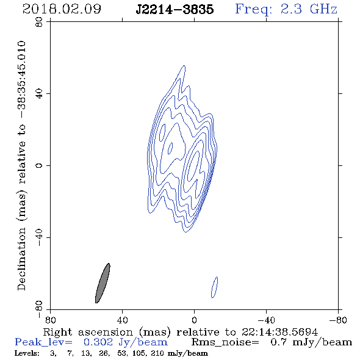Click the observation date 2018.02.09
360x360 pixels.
(x=62, y=9)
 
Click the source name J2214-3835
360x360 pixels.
(x=175, y=9)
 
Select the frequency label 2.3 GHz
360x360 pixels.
(x=309, y=9)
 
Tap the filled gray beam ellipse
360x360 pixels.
(x=103, y=283)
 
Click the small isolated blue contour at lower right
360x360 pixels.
(x=214, y=287)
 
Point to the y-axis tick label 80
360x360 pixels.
(x=39, y=22)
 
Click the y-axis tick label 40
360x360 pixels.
(x=39, y=94)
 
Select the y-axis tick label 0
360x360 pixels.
(x=39, y=165)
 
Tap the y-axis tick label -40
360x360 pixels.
(x=39, y=237)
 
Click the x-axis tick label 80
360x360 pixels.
(x=50, y=320)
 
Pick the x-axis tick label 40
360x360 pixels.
(x=122, y=320)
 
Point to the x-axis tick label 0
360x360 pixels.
(x=194, y=320)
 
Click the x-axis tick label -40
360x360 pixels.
(x=266, y=320)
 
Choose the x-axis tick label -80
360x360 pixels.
(x=338, y=320)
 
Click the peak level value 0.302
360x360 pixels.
(x=98, y=342)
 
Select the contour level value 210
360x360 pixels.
(x=157, y=353)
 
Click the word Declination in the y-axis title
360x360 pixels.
(x=21, y=259)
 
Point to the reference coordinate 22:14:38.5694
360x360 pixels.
(x=279, y=332)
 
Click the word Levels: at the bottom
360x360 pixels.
(x=27, y=353)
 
